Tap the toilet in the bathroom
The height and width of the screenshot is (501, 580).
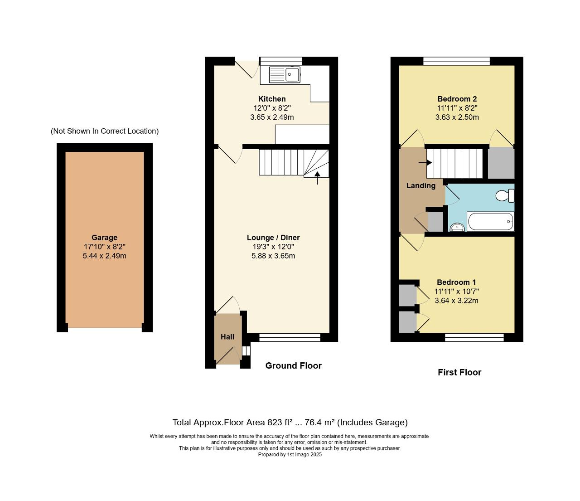click(504, 195)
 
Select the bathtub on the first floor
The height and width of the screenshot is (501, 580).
click(491, 221)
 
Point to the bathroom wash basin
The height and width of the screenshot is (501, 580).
click(457, 227)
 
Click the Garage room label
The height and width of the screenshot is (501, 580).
click(104, 238)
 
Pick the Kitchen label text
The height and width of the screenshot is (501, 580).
click(272, 99)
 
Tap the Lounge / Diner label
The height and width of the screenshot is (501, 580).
click(273, 238)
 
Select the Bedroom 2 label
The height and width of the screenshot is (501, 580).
click(457, 99)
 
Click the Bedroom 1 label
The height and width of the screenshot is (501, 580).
click(456, 282)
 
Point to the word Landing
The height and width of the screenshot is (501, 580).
click(420, 185)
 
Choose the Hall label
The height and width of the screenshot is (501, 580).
click(227, 337)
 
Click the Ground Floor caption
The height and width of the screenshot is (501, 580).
click(293, 366)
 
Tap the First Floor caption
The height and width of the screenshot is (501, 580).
click(459, 372)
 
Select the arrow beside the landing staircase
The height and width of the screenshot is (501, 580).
click(425, 162)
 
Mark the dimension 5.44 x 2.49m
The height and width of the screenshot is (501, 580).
click(104, 256)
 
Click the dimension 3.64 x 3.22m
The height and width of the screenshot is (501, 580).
click(456, 301)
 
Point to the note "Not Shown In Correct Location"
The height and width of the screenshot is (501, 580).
click(105, 131)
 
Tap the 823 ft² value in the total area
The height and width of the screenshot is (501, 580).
click(281, 423)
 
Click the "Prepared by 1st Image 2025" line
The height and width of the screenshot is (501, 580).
click(290, 454)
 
